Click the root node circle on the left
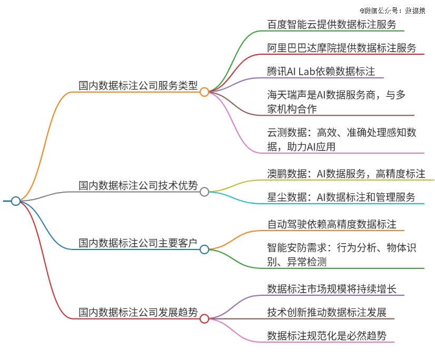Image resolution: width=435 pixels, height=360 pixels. (16, 201)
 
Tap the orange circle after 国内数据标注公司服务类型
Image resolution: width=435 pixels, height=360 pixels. (204, 92)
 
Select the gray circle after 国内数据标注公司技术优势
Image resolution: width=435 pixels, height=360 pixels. (204, 192)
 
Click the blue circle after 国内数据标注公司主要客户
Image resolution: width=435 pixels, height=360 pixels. (204, 249)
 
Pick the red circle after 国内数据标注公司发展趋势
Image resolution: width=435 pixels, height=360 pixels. (204, 318)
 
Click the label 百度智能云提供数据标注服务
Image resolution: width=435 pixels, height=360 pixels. (332, 24)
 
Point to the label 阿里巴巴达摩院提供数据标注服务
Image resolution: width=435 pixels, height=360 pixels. (342, 48)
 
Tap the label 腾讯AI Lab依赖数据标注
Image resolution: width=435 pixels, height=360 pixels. (321, 71)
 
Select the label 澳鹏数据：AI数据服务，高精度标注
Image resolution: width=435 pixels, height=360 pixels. (346, 174)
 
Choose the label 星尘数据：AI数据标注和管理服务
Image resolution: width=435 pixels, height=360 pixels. (341, 197)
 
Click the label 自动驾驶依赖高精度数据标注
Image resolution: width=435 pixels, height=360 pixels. (332, 224)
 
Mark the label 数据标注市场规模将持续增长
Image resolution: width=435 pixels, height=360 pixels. (332, 289)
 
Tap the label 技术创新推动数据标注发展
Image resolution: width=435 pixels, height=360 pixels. (327, 312)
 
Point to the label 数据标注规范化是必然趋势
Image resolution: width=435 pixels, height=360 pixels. (327, 336)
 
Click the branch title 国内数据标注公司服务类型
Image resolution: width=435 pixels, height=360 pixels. (138, 85)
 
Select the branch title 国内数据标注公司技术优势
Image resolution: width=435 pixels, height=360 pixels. (138, 185)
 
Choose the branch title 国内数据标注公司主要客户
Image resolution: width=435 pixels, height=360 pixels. (138, 243)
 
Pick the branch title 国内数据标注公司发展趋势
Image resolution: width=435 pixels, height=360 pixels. (138, 312)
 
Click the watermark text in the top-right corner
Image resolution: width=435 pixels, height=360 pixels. (392, 11)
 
